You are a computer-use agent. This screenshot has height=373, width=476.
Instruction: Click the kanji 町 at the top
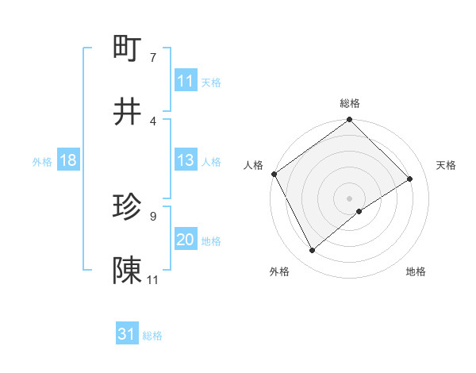[128, 48]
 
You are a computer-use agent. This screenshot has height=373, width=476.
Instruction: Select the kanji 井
[128, 112]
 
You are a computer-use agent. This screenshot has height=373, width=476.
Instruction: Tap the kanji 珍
[128, 207]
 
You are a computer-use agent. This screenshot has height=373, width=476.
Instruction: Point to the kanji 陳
[128, 271]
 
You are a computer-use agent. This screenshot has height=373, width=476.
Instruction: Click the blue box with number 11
[186, 81]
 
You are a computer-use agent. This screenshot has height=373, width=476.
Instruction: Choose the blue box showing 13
[186, 160]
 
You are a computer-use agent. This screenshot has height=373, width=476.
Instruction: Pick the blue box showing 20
[186, 240]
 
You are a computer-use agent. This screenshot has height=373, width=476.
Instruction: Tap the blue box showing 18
[68, 160]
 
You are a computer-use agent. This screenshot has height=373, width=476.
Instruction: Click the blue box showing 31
[127, 334]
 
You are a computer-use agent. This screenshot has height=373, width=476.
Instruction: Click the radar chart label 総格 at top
[350, 103]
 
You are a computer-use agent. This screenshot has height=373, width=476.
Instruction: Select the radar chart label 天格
[446, 165]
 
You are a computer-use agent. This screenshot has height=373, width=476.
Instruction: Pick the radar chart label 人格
[253, 165]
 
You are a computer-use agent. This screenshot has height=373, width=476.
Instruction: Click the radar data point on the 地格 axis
[359, 211]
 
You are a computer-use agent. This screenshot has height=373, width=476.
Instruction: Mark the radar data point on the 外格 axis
[313, 251]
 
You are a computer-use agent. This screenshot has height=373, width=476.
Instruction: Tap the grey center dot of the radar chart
[349, 198]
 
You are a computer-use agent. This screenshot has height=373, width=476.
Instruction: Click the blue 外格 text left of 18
[41, 161]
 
